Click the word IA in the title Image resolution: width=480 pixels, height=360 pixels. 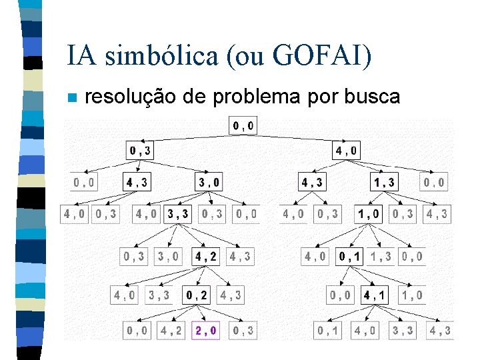coord(78,56)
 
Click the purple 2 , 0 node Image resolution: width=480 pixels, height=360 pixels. coord(205,329)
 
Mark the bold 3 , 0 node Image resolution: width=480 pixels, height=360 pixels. coord(209,181)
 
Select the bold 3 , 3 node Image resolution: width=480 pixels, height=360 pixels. coord(179,214)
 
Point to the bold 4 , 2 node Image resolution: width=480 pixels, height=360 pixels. coord(205,256)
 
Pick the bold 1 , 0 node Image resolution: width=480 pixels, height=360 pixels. coord(369,214)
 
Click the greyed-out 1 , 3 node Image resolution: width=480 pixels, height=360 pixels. coord(381,256)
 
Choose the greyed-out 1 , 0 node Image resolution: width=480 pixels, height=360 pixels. coord(411,294)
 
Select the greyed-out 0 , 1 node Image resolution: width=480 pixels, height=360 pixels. coord(328,329)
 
